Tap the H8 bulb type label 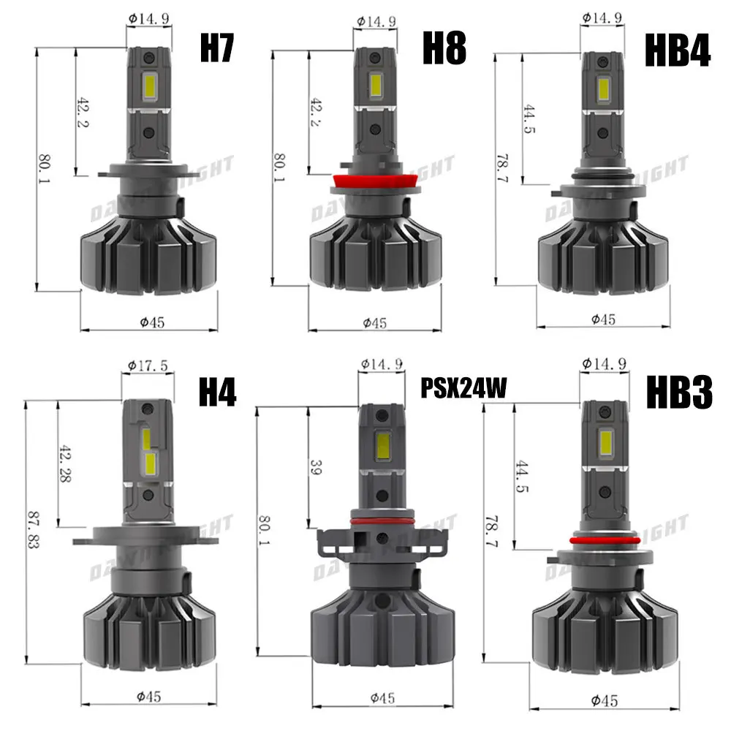point(444,48)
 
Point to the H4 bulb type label point(218,393)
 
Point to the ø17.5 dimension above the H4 point(143,364)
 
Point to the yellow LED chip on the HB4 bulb point(605,91)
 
